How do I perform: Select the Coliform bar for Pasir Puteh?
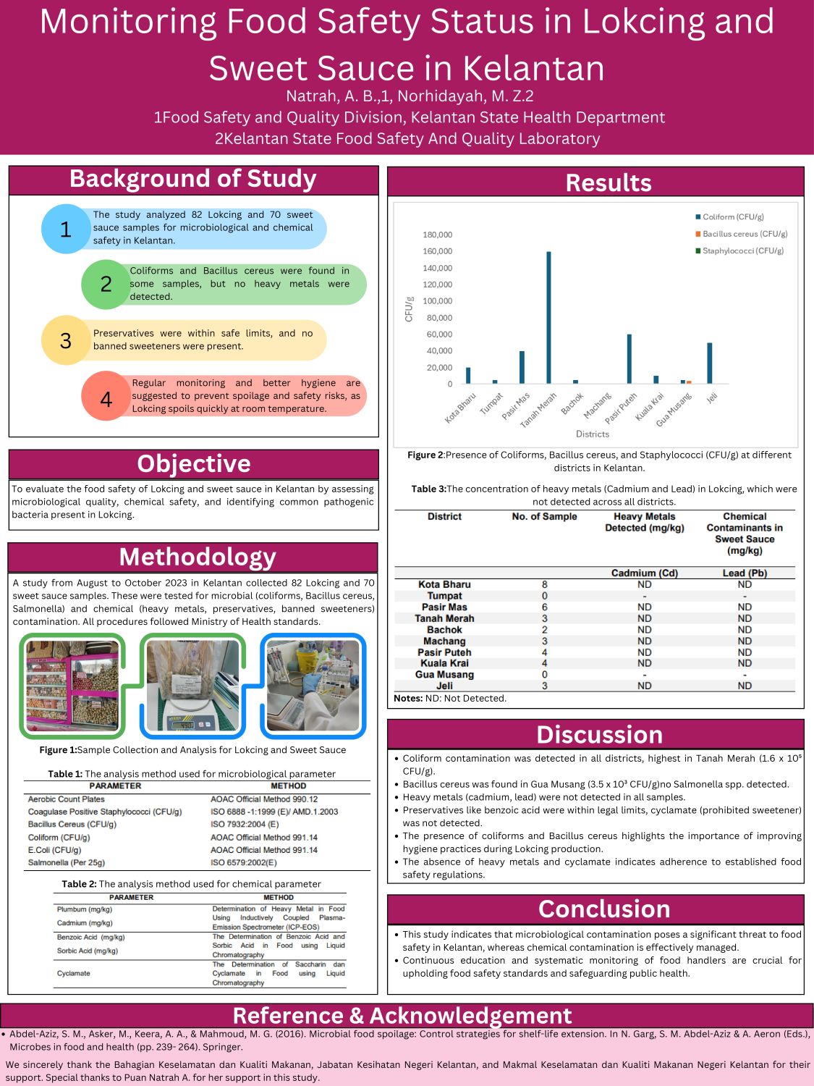pyautogui.click(x=629, y=358)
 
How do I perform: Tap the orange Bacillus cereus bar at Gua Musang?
pyautogui.click(x=689, y=382)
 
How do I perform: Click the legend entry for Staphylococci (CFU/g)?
pyautogui.click(x=742, y=251)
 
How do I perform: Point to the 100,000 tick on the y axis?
pyautogui.click(x=437, y=301)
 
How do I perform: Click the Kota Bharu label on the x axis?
pyautogui.click(x=461, y=408)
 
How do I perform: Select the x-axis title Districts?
pyautogui.click(x=592, y=434)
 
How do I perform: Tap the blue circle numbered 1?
pyautogui.click(x=66, y=229)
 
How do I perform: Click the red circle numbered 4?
pyautogui.click(x=106, y=398)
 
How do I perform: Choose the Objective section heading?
pyautogui.click(x=194, y=463)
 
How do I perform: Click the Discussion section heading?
pyautogui.click(x=599, y=734)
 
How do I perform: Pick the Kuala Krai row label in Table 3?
pyautogui.click(x=444, y=663)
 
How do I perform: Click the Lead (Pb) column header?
pyautogui.click(x=745, y=573)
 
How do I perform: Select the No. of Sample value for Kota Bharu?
pyautogui.click(x=544, y=584)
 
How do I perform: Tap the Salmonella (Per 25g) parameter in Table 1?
pyautogui.click(x=67, y=862)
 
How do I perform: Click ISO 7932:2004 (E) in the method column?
pyautogui.click(x=245, y=824)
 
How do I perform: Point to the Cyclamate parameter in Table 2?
pyautogui.click(x=74, y=973)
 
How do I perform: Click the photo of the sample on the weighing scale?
pyautogui.click(x=192, y=684)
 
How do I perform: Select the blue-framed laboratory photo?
pyautogui.click(x=313, y=684)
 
